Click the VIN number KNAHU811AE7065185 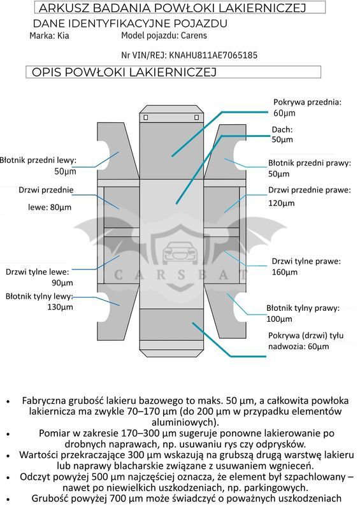coord(213,55)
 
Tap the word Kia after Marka coord(63,36)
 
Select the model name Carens coord(194,36)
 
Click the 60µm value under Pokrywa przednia coord(284,113)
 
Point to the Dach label coord(282,129)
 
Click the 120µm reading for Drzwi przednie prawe coord(282,203)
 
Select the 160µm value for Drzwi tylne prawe coord(285,272)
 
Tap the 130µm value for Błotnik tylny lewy coord(61,307)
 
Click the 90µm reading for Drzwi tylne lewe coord(62,283)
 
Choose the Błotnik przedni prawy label coord(310,163)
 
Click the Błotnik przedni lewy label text coord(38,160)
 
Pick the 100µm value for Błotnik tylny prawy coord(279,319)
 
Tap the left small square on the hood coord(146,117)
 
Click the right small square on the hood coord(196,117)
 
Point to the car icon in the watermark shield coord(180,252)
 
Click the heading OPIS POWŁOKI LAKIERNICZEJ coord(124,72)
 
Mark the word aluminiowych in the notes coord(185,422)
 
